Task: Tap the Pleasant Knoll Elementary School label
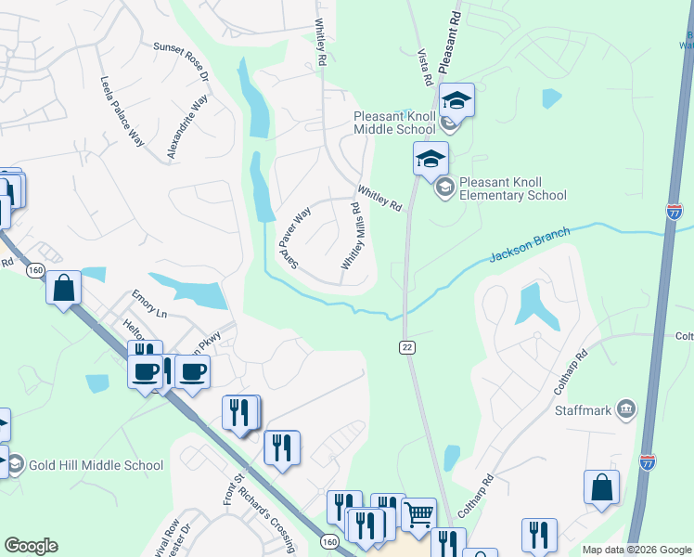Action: pos(513,188)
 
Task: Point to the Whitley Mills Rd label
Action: pos(351,237)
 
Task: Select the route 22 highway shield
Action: pos(407,346)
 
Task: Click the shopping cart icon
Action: pos(418,512)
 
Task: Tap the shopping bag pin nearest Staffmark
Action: pos(602,486)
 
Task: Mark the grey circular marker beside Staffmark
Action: pos(627,409)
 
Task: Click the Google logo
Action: pos(31,546)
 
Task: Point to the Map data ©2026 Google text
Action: pos(636,550)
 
